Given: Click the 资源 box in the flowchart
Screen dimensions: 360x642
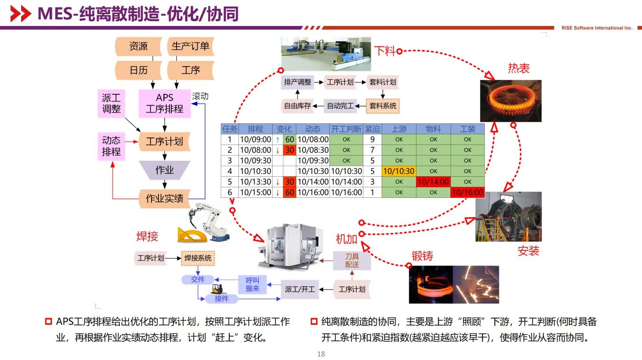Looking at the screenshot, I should pos(138,46).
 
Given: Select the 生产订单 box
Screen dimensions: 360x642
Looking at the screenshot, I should pos(190,46).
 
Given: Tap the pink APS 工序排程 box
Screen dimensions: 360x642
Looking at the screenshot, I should pos(164,104).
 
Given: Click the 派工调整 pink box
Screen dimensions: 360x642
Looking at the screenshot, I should pos(111,104).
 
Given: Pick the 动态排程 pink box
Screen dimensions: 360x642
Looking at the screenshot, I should pos(111,146).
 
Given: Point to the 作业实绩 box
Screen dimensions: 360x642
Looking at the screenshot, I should pos(164,198).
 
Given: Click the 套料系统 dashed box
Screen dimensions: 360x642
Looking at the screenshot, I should pos(383,106).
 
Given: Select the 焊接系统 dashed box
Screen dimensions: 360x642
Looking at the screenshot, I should pos(197,258).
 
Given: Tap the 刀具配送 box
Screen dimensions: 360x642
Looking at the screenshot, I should pos(352,260).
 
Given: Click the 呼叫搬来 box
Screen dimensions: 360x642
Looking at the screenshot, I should pos(252,284).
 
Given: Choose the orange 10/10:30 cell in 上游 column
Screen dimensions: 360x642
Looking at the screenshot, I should pos(398,171).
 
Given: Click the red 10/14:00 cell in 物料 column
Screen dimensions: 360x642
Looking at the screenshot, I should pos(433,182).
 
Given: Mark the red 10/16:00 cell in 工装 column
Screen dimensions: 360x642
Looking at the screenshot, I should pos(467,193).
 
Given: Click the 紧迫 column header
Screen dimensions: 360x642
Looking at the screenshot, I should pos(372,129).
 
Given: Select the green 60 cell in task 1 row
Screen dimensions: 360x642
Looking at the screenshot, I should pos(289,140).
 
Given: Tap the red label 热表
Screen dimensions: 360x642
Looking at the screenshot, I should pos(518,68).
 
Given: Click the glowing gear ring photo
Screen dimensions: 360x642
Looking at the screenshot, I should pos(510,100).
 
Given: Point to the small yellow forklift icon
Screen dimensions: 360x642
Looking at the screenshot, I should pos(217,289).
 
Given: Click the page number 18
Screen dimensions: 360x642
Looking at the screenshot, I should pos(321,354).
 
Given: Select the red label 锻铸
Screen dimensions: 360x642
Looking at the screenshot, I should pos(422,256).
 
